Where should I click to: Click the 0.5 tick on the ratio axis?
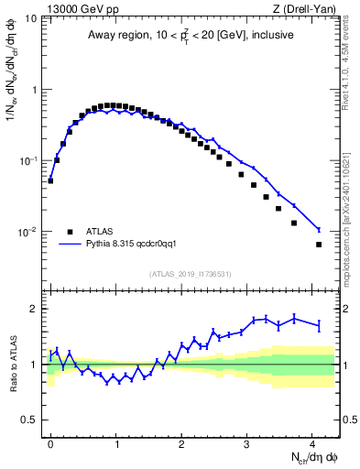[x=31, y=420]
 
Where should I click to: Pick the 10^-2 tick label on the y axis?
[x=28, y=233]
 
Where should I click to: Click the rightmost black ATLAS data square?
[x=319, y=245]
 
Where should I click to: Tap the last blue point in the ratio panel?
[x=319, y=324]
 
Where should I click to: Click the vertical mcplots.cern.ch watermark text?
[x=353, y=183]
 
